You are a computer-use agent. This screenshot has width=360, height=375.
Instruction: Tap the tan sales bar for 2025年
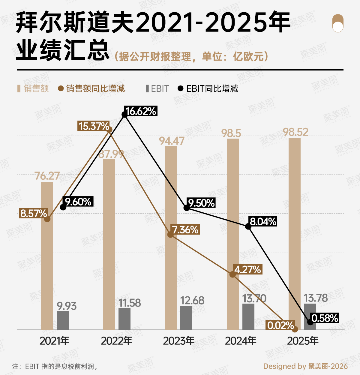click(x=294, y=233)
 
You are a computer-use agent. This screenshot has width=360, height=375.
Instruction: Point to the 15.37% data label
click(x=94, y=126)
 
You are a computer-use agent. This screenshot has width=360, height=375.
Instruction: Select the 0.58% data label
click(x=324, y=318)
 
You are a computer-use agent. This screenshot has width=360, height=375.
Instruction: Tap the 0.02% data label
click(x=280, y=325)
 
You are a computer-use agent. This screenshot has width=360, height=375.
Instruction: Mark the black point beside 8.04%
click(x=248, y=226)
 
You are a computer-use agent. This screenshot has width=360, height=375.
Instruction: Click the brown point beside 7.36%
click(x=170, y=234)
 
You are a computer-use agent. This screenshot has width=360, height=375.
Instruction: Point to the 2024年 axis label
click(x=241, y=341)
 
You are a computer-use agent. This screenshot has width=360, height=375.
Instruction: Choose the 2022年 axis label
click(x=117, y=341)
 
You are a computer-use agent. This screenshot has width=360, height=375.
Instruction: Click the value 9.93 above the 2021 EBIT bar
click(x=67, y=306)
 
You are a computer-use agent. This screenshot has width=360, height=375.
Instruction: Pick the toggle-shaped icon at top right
click(x=338, y=23)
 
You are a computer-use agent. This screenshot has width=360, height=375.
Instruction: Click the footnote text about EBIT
click(x=55, y=366)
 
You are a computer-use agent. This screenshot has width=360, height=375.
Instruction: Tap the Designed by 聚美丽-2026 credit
click(x=305, y=366)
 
